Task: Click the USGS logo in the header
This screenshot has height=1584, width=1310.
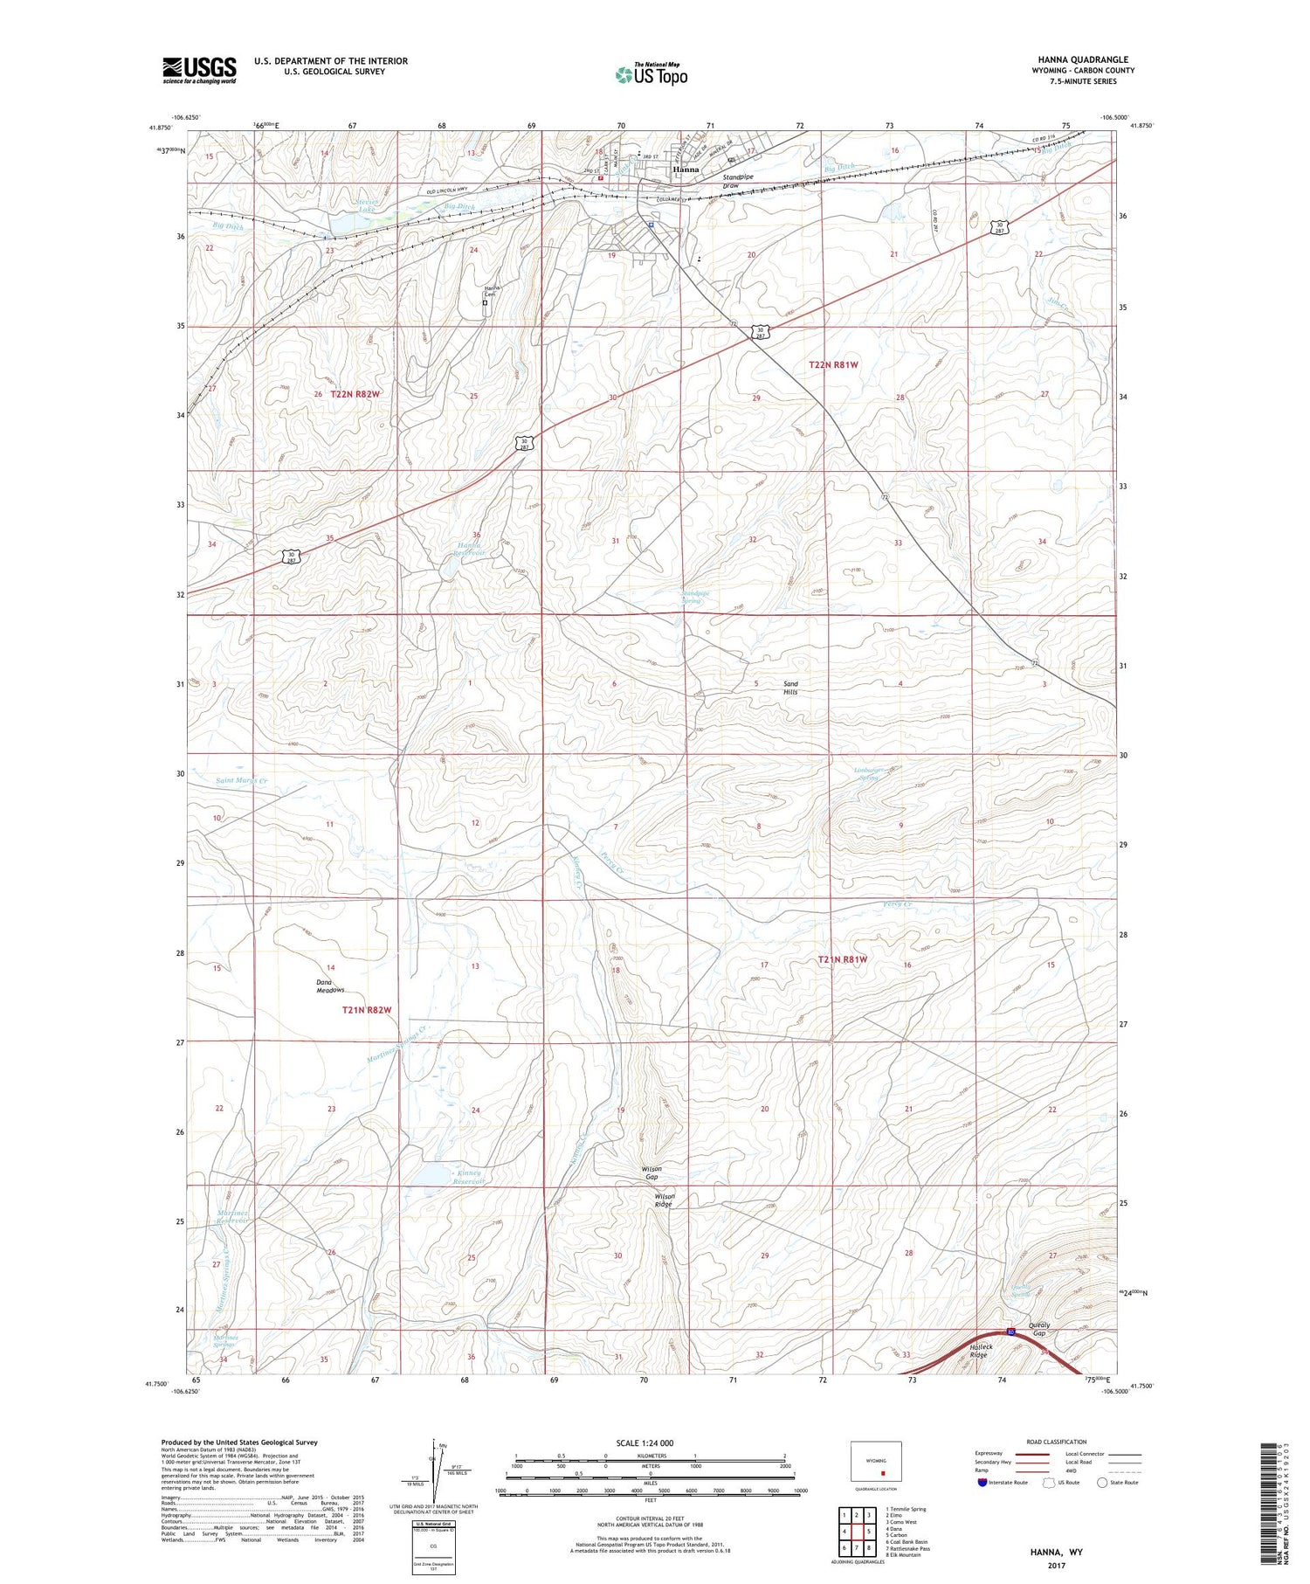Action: tap(199, 70)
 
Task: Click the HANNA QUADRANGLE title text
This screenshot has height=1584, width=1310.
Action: tap(1082, 59)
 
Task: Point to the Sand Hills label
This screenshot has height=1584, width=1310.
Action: tap(790, 688)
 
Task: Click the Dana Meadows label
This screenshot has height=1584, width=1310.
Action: tap(330, 986)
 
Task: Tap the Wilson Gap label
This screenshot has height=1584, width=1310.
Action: tap(652, 1172)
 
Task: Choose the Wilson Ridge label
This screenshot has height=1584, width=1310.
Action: tap(665, 1200)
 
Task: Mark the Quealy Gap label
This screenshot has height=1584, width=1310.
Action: tap(1038, 1329)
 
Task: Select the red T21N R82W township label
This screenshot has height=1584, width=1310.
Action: tap(367, 1010)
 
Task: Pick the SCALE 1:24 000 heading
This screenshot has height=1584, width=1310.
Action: tap(645, 1442)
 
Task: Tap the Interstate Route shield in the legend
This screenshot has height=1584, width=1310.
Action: tap(982, 1482)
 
